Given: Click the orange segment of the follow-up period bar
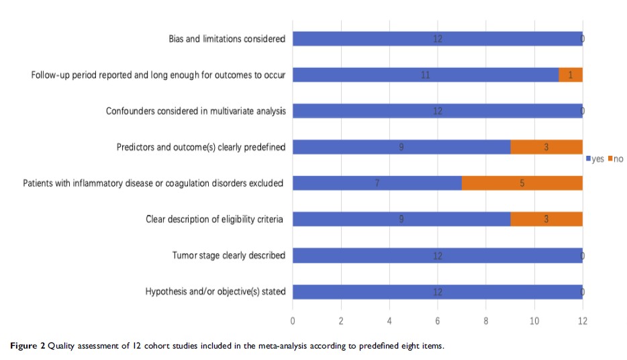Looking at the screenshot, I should pos(571,75).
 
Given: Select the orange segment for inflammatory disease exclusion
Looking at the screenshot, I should pos(522,183).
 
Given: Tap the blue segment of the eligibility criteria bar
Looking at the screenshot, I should pos(401,219).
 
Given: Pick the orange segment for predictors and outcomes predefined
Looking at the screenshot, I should pos(546,146).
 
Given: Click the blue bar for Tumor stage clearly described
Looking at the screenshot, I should pos(437,255).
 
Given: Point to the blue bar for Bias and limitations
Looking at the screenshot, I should pos(437,38).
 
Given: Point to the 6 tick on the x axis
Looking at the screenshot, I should pos(438,321).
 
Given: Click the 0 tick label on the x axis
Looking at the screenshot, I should pos(293,321).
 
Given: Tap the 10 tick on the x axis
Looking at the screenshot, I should pos(534,321).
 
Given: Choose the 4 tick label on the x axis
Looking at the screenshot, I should pos(389,321).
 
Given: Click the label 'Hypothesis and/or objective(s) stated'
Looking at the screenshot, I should pos(215,291).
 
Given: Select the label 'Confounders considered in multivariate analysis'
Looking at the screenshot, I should pos(196,111).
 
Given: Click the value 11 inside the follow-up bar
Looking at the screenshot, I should pos(425,75).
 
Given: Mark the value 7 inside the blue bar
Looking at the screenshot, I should pos(377,183).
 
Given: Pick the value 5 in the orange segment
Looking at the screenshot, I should pos(522,183).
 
